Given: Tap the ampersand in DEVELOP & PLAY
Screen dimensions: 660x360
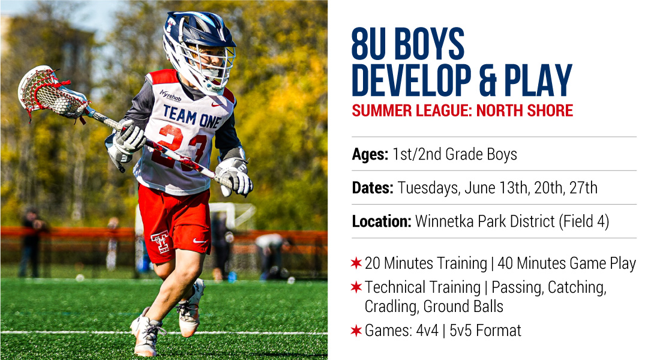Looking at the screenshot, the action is [488, 80].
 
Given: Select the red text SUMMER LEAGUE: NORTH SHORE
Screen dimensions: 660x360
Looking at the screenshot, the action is [462, 111].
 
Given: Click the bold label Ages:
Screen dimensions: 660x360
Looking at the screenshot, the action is [370, 155].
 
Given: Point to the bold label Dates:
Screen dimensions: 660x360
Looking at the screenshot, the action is [373, 188].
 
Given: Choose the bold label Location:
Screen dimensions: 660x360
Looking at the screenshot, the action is [382, 221].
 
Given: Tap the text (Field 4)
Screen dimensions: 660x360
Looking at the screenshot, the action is [584, 222].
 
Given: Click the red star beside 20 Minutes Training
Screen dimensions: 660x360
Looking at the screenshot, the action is [356, 263].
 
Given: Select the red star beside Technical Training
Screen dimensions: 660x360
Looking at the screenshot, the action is [356, 287].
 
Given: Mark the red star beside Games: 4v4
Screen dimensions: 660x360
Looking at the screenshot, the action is [356, 331].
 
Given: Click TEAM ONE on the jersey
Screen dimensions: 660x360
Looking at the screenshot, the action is [191, 116].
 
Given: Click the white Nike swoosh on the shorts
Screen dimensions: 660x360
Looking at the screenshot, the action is [200, 241].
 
